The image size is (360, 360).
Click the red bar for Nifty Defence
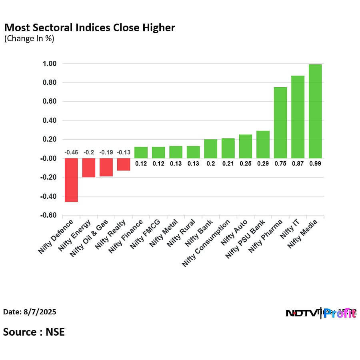(71, 180)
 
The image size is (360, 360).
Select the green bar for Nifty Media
(315, 111)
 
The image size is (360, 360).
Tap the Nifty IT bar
(298, 117)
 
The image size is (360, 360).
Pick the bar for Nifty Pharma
(280, 122)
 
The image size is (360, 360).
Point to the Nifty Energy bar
(89, 168)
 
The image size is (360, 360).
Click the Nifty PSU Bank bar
(263, 144)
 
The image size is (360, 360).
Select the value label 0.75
(280, 163)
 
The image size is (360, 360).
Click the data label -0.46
(71, 152)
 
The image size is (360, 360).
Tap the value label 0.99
(315, 163)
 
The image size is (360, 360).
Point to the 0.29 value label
(263, 163)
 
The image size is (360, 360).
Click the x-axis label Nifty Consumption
(206, 243)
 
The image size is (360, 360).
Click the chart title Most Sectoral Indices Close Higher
(90, 28)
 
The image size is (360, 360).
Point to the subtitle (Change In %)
(29, 39)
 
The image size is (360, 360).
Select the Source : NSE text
(34, 332)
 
